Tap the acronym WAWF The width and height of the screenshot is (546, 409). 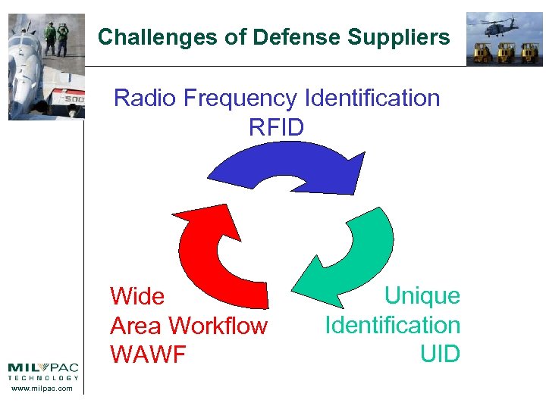click(148, 354)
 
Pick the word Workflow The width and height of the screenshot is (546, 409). click(218, 326)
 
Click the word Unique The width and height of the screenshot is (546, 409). click(422, 295)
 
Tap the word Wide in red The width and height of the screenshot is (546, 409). click(137, 295)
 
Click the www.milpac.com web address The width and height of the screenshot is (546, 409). click(43, 389)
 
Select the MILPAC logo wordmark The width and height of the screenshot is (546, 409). click(43, 368)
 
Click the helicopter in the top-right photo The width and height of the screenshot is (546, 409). click(494, 27)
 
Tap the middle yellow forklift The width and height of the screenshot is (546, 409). click(504, 52)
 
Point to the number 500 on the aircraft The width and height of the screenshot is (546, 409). click(73, 99)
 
